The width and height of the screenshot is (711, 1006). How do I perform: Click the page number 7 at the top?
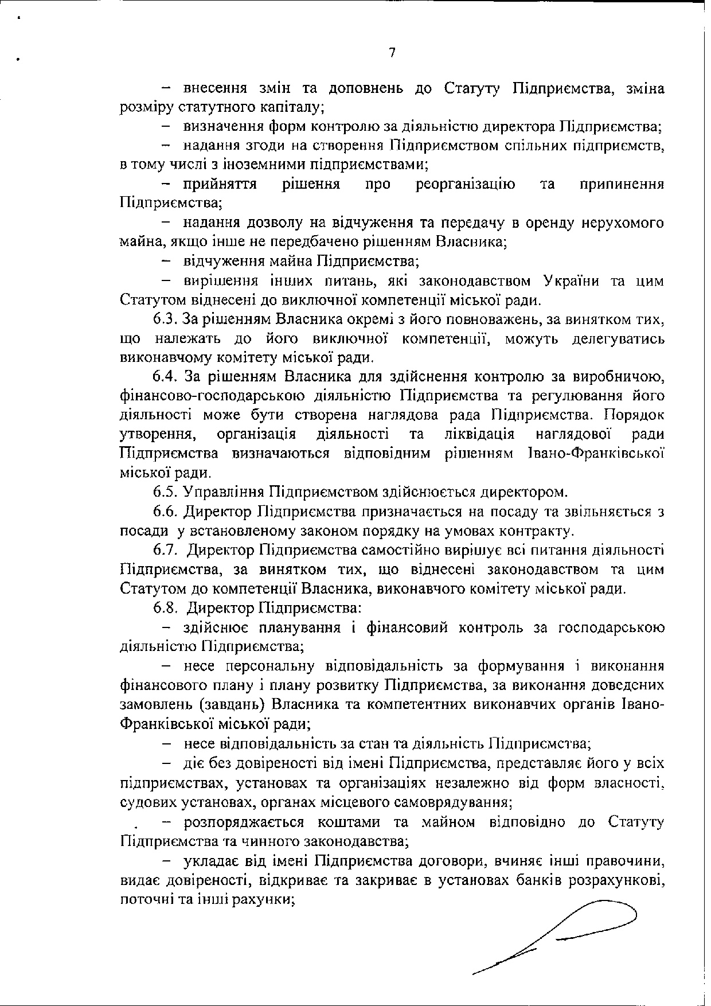tap(392, 53)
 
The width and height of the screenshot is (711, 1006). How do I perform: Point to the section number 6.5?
tap(166, 492)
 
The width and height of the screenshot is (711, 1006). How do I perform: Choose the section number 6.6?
tap(166, 512)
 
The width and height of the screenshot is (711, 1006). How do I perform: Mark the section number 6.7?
tap(166, 551)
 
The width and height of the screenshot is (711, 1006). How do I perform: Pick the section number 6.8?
tap(166, 608)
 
